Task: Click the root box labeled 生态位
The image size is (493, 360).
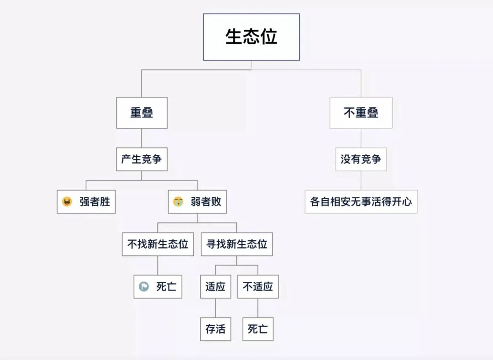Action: point(251,37)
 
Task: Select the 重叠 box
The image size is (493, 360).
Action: point(142,113)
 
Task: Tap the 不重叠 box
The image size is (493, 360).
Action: point(361,113)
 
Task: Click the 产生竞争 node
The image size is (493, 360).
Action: point(142,159)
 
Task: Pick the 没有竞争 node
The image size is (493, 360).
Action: point(361,159)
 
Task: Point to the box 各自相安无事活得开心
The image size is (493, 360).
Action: point(361,201)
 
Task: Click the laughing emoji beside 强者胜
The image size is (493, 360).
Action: point(67,201)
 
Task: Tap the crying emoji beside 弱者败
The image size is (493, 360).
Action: point(178,201)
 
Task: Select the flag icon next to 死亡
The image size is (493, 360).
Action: point(144,287)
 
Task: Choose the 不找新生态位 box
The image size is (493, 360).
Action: point(157,244)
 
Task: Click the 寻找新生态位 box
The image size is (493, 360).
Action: point(236,244)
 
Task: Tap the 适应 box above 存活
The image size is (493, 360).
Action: point(215,287)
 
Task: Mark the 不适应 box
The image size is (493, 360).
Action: point(258,287)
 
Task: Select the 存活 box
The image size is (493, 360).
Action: point(215,329)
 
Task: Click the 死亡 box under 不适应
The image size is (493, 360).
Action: point(258,329)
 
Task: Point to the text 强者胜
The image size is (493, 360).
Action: point(95,201)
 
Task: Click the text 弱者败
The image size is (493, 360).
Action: point(206,201)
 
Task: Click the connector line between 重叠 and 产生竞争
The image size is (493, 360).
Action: point(142,138)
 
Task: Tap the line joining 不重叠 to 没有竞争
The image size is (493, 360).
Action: point(361,138)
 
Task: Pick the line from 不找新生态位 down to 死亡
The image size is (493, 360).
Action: point(157,265)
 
